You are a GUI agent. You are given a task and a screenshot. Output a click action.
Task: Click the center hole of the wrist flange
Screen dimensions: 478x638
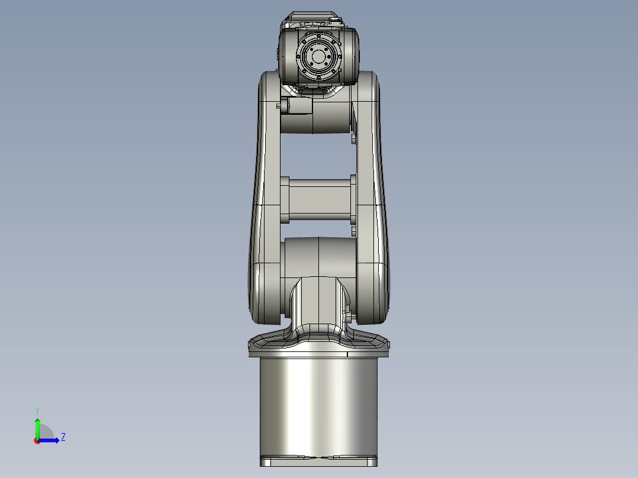pos(319,57)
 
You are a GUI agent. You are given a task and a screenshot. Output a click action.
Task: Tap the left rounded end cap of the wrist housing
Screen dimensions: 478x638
pos(286,57)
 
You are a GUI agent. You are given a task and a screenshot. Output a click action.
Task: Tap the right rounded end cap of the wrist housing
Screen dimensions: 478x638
pos(351,57)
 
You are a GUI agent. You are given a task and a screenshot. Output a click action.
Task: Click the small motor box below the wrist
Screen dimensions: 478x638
pos(299,106)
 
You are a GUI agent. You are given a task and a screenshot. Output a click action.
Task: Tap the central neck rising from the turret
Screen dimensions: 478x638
pos(318,302)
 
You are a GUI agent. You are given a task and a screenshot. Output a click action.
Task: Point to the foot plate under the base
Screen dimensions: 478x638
pos(318,461)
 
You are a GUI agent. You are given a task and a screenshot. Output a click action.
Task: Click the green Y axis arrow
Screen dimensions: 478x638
pos(37,425)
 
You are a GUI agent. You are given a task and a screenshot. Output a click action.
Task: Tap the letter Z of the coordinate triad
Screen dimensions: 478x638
pos(63,437)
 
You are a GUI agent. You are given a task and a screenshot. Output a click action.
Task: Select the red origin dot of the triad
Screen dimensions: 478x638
pos(37,441)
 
